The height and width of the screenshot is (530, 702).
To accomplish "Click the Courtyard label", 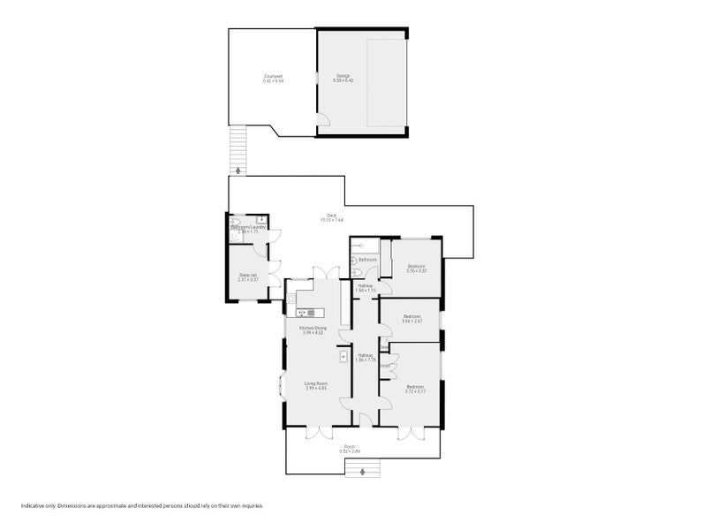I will (x=273, y=77).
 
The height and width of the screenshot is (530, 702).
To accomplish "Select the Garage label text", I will (x=343, y=77).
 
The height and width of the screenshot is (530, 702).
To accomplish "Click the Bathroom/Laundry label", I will (x=248, y=227).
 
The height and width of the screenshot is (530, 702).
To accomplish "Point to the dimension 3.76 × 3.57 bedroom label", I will (x=416, y=267).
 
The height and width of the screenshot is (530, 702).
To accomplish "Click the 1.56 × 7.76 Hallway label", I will (x=366, y=356).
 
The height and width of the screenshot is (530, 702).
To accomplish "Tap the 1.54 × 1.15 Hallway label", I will (x=366, y=286).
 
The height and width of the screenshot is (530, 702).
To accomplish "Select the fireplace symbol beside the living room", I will (x=343, y=356).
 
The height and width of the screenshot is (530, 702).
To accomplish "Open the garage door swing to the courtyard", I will (x=323, y=119).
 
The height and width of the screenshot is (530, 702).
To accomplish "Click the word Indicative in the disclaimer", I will (x=33, y=506).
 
